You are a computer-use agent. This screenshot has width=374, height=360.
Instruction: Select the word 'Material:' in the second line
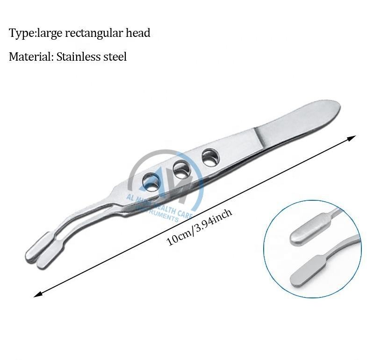31,57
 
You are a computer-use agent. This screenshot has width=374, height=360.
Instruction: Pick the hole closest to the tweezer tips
151,181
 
